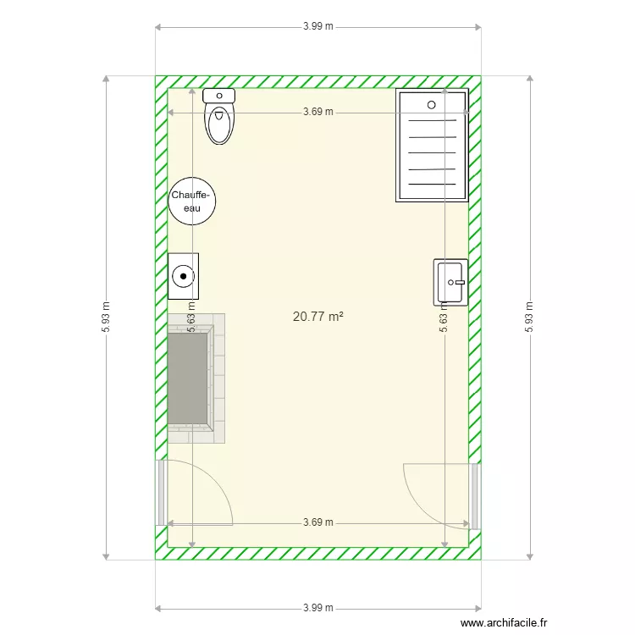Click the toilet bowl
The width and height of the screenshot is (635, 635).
219,123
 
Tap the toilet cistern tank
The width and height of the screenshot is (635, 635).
219,96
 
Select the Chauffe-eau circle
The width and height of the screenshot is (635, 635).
191,202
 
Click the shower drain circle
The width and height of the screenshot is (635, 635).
431,105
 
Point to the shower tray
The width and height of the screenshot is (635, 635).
432,146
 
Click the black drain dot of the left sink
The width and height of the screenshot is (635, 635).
183,276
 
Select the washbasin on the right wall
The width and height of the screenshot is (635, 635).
450,282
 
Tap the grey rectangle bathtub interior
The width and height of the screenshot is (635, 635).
188,378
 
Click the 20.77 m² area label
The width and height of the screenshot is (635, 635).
317,317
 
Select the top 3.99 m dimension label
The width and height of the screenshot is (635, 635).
318,26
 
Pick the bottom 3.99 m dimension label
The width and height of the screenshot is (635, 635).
318,608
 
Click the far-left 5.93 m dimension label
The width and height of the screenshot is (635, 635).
106,317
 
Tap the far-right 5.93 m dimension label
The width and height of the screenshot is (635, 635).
529,317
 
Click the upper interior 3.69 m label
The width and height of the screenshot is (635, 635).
318,112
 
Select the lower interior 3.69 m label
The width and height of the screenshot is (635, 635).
318,522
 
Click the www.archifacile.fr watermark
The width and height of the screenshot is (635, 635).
504,623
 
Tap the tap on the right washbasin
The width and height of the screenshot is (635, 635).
460,282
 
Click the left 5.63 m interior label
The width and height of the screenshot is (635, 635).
191,317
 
